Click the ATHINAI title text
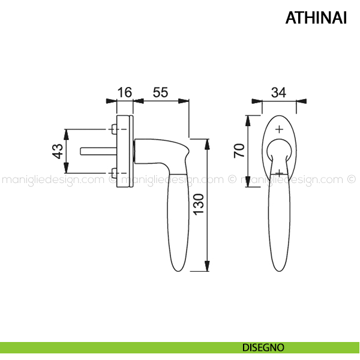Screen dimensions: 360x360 point(316,17)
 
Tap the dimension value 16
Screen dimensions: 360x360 point(125,92)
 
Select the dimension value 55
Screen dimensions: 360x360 point(160,92)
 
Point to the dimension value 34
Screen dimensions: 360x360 point(279,93)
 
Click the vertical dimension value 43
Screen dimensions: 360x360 point(58,151)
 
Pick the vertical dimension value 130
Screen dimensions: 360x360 point(199,205)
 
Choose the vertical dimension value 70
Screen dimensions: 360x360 point(239,151)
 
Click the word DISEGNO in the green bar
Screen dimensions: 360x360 point(263,347)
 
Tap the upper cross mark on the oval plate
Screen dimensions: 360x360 point(279,130)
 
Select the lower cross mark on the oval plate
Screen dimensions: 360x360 point(279,173)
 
